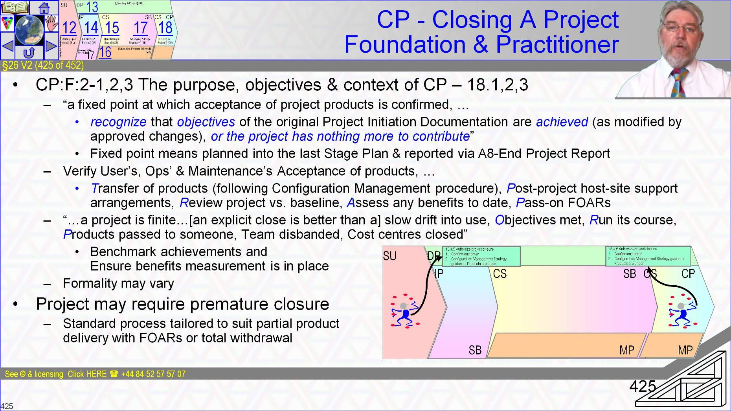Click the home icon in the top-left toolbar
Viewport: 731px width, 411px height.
44,7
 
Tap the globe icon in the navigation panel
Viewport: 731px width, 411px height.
29,30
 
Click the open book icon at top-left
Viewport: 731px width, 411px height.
15,7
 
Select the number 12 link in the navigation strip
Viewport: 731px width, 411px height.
69,28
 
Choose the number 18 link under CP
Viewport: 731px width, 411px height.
165,28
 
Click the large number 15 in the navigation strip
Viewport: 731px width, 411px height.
112,28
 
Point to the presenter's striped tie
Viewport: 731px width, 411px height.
679,83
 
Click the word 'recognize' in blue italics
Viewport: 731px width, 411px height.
118,122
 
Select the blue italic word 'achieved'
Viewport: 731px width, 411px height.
562,122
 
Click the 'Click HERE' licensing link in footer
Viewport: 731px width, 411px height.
87,374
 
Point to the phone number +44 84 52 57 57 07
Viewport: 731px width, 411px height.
153,374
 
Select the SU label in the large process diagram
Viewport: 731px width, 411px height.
390,256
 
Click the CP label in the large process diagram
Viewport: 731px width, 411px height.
688,273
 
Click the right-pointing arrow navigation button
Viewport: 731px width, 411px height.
51,46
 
